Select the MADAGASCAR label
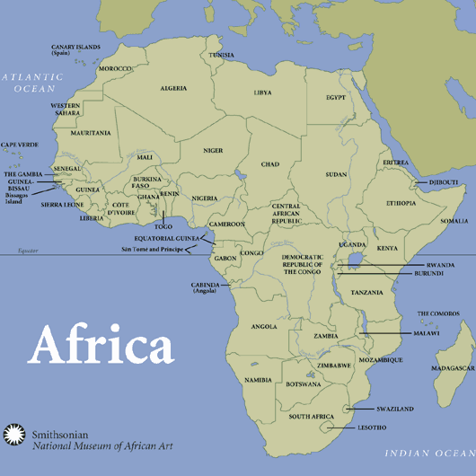coord(453,368)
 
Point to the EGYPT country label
coord(336,97)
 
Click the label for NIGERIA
coord(205,198)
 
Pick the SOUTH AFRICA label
coord(311,417)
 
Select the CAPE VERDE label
coord(20,145)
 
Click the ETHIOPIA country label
coord(401,204)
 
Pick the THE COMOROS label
coord(437,313)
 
